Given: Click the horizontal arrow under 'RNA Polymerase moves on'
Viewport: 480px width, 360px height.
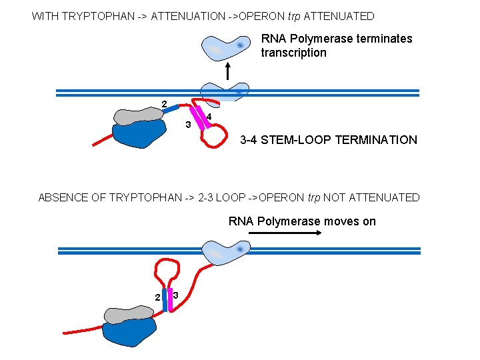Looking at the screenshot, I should tap(285, 233).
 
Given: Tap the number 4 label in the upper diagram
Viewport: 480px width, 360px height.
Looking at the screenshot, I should tap(209, 117).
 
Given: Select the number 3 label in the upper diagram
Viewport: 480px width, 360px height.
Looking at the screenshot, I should tap(188, 125).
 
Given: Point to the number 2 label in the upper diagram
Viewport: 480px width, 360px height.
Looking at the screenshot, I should tap(163, 103).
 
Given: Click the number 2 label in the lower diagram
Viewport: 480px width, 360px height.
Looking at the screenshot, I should tap(157, 297).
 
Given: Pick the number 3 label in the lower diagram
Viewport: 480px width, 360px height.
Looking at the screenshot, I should tap(175, 295).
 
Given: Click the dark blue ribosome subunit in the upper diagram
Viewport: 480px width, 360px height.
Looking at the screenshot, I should tap(139, 135).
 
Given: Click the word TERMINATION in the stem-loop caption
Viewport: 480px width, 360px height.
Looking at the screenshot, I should tap(376, 140).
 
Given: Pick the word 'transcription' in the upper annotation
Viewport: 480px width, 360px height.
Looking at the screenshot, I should tap(293, 53).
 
